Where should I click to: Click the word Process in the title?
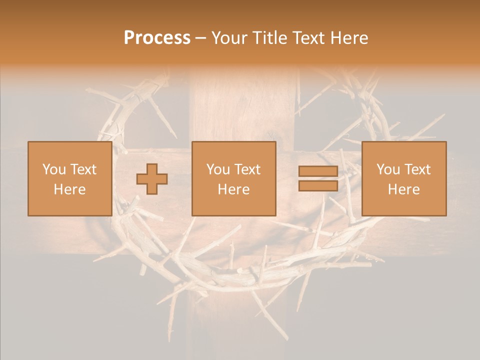157,38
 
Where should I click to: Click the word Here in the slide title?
350,38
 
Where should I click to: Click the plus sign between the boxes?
152,179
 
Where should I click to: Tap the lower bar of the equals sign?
318,185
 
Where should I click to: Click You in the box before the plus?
54,169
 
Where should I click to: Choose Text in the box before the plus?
83,169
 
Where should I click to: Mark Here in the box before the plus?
69,189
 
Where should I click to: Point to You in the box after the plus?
218,169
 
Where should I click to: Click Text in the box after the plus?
247,169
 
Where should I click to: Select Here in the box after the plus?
233,189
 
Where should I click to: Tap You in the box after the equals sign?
388,169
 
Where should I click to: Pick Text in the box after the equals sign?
417,169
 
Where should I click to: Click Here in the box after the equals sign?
403,189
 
